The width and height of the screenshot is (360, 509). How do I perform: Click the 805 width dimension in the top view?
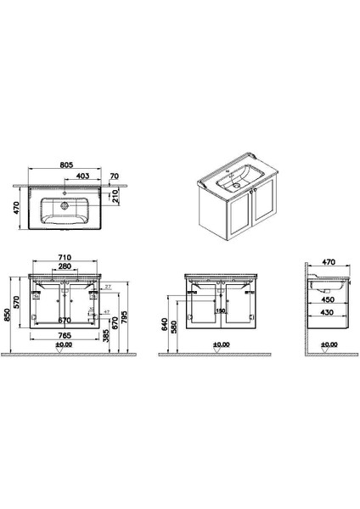tap(70, 166)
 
